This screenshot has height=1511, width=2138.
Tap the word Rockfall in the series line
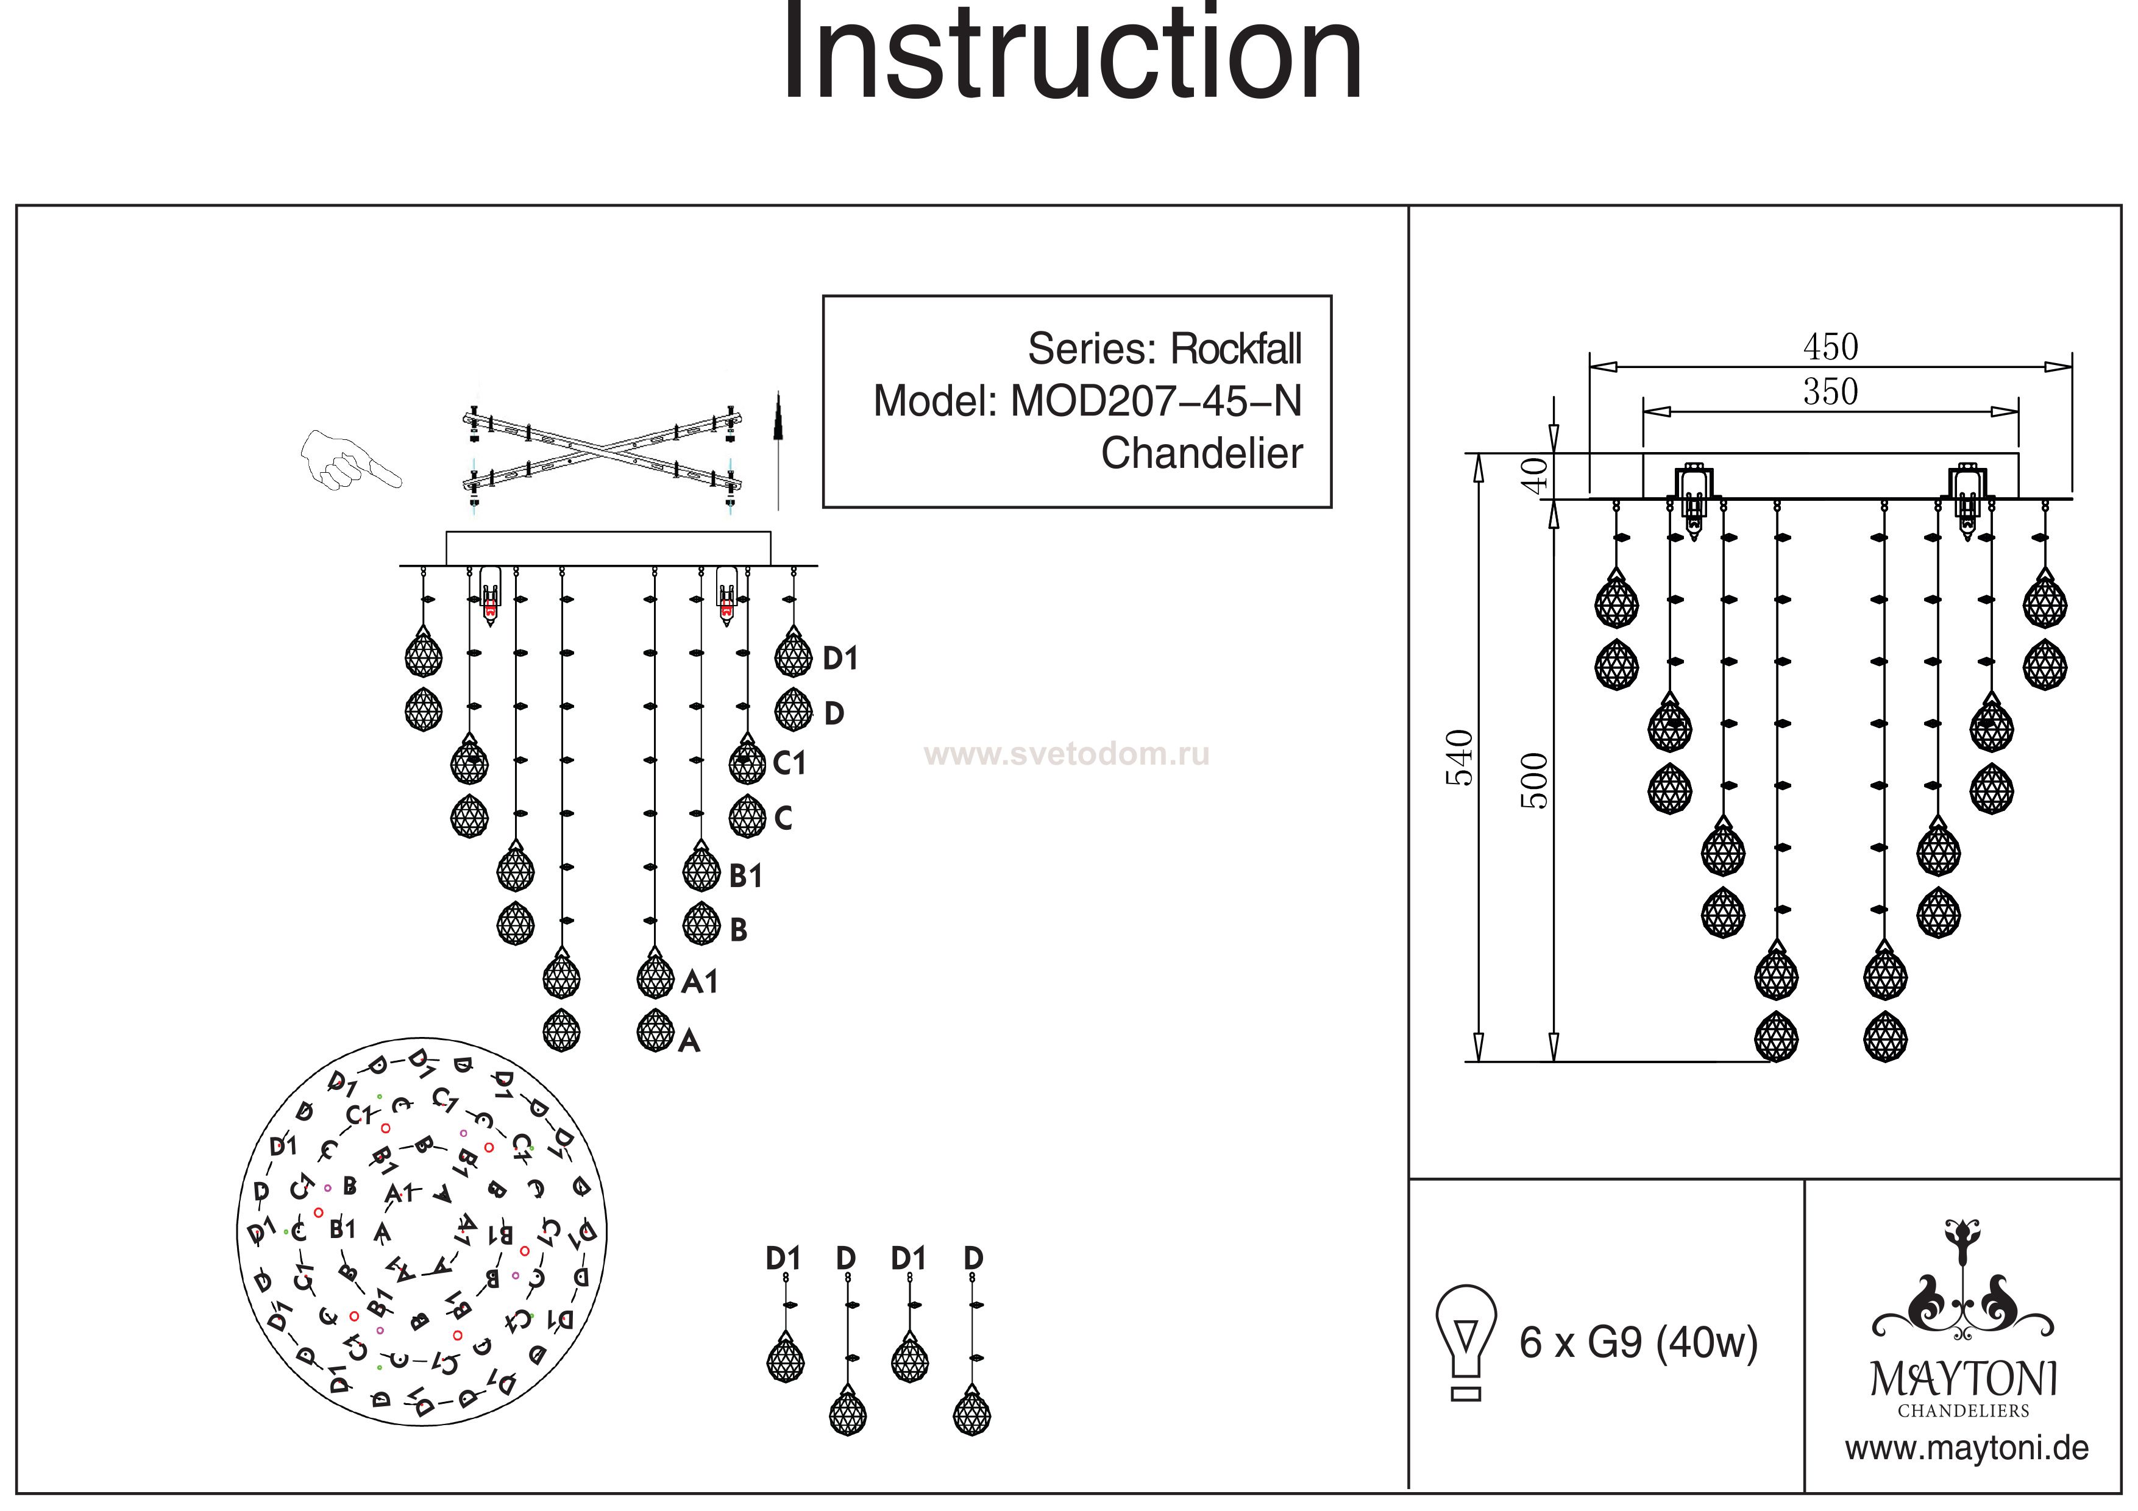pyautogui.click(x=1235, y=349)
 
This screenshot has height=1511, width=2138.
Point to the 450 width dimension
pyautogui.click(x=1830, y=347)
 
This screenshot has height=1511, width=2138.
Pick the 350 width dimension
pyautogui.click(x=1830, y=392)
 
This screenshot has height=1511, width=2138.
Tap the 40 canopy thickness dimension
pyautogui.click(x=1535, y=474)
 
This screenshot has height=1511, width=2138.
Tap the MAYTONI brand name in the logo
pyautogui.click(x=1963, y=1379)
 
